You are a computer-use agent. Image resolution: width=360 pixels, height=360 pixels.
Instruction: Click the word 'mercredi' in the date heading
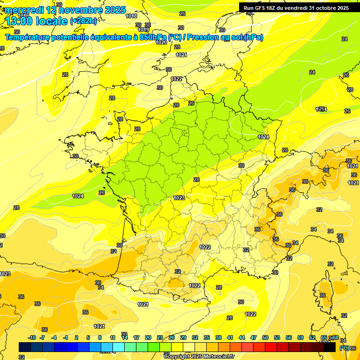click(x=23, y=10)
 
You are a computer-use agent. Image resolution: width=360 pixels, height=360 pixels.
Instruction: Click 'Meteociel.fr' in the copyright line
click(x=216, y=356)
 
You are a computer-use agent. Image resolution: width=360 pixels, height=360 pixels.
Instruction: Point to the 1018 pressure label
click(x=132, y=16)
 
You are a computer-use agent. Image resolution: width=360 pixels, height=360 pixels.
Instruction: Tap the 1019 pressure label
click(x=144, y=30)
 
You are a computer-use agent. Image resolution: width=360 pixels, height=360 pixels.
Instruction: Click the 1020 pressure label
click(x=161, y=43)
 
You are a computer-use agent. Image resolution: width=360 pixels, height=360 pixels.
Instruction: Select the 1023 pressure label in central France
click(x=179, y=198)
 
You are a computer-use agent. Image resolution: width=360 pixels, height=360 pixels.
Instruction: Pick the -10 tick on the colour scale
click(x=32, y=337)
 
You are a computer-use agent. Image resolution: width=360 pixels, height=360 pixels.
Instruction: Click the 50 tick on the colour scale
click(x=265, y=337)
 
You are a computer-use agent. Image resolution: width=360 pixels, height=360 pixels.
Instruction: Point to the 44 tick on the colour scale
click(x=241, y=337)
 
